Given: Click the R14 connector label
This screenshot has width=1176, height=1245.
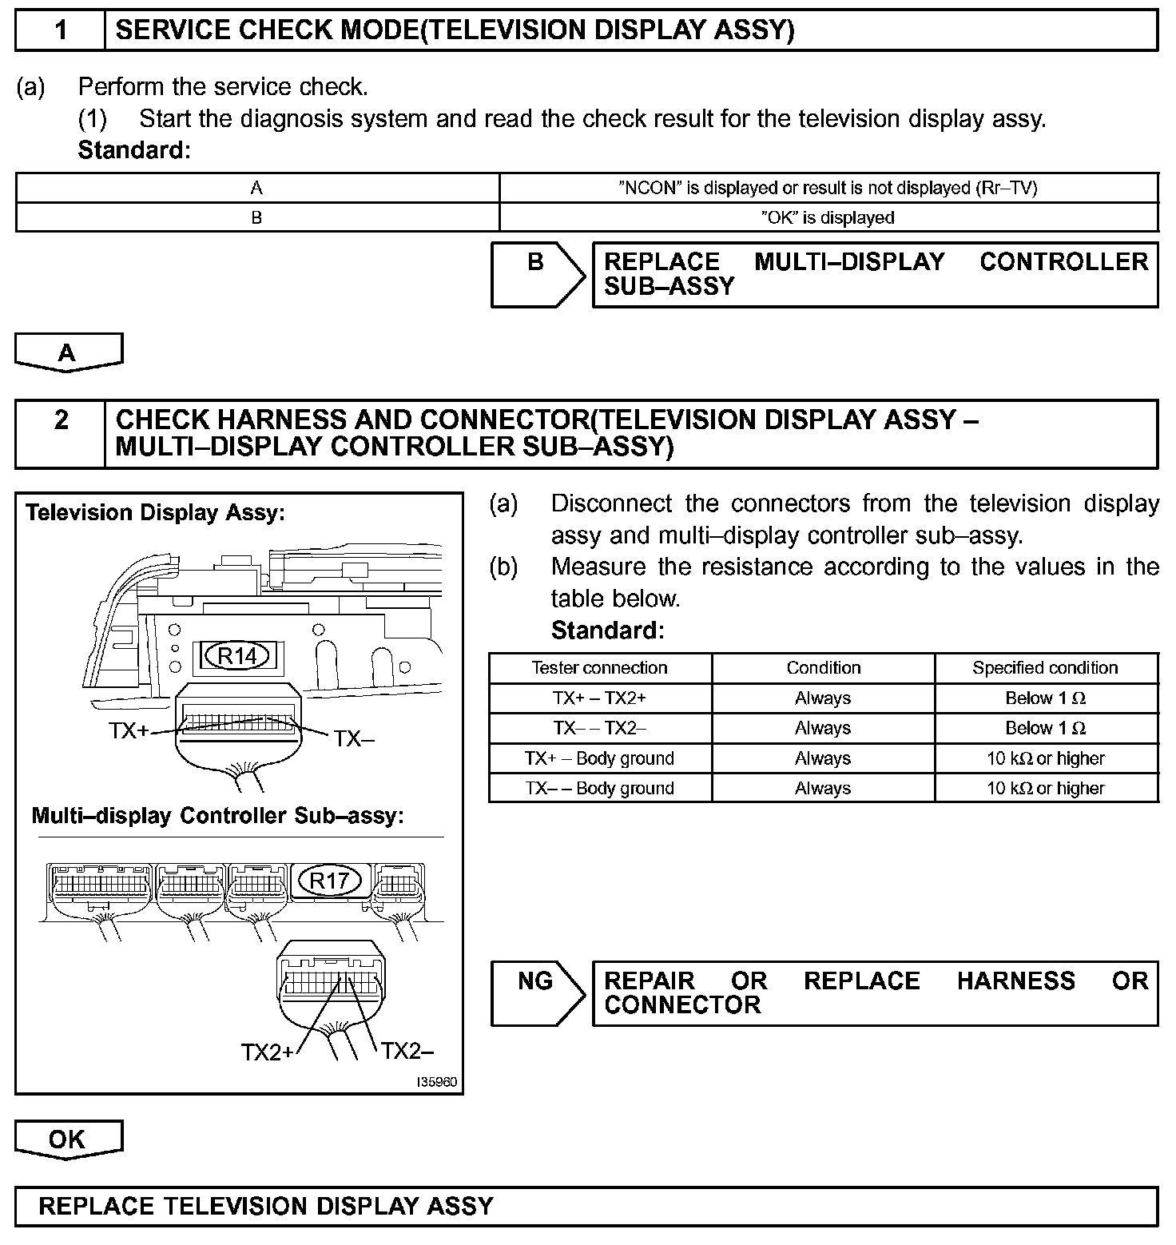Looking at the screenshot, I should [x=237, y=656].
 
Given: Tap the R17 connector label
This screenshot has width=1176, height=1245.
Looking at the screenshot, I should [x=329, y=881].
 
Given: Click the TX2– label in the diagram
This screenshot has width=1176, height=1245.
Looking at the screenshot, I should [x=407, y=1051].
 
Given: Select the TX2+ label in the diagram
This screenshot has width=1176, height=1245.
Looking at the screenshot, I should [x=268, y=1053].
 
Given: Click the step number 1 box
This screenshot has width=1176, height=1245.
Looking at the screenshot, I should [x=61, y=30].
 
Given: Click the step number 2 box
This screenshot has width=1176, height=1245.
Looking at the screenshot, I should [x=61, y=421].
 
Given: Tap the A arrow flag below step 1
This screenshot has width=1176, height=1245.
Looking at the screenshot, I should [x=68, y=352].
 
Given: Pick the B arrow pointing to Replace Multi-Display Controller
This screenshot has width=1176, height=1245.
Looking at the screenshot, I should [x=536, y=273].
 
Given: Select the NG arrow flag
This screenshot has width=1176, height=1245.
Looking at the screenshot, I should [x=536, y=992].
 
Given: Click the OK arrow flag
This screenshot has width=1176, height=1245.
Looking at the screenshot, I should [x=68, y=1139].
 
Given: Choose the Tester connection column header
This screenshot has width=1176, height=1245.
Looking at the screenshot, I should [x=599, y=668].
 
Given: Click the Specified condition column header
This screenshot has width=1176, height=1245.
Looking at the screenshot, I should [x=1045, y=668].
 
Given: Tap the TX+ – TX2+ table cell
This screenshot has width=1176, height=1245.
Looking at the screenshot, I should [x=599, y=698].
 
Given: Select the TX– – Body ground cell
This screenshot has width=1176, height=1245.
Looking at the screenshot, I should [x=599, y=789].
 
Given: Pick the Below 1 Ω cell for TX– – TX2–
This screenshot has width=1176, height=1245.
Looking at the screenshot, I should [x=1045, y=728].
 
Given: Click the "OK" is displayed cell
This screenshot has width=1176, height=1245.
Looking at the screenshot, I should [x=828, y=217].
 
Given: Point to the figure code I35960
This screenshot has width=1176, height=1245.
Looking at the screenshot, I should [x=438, y=1082].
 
